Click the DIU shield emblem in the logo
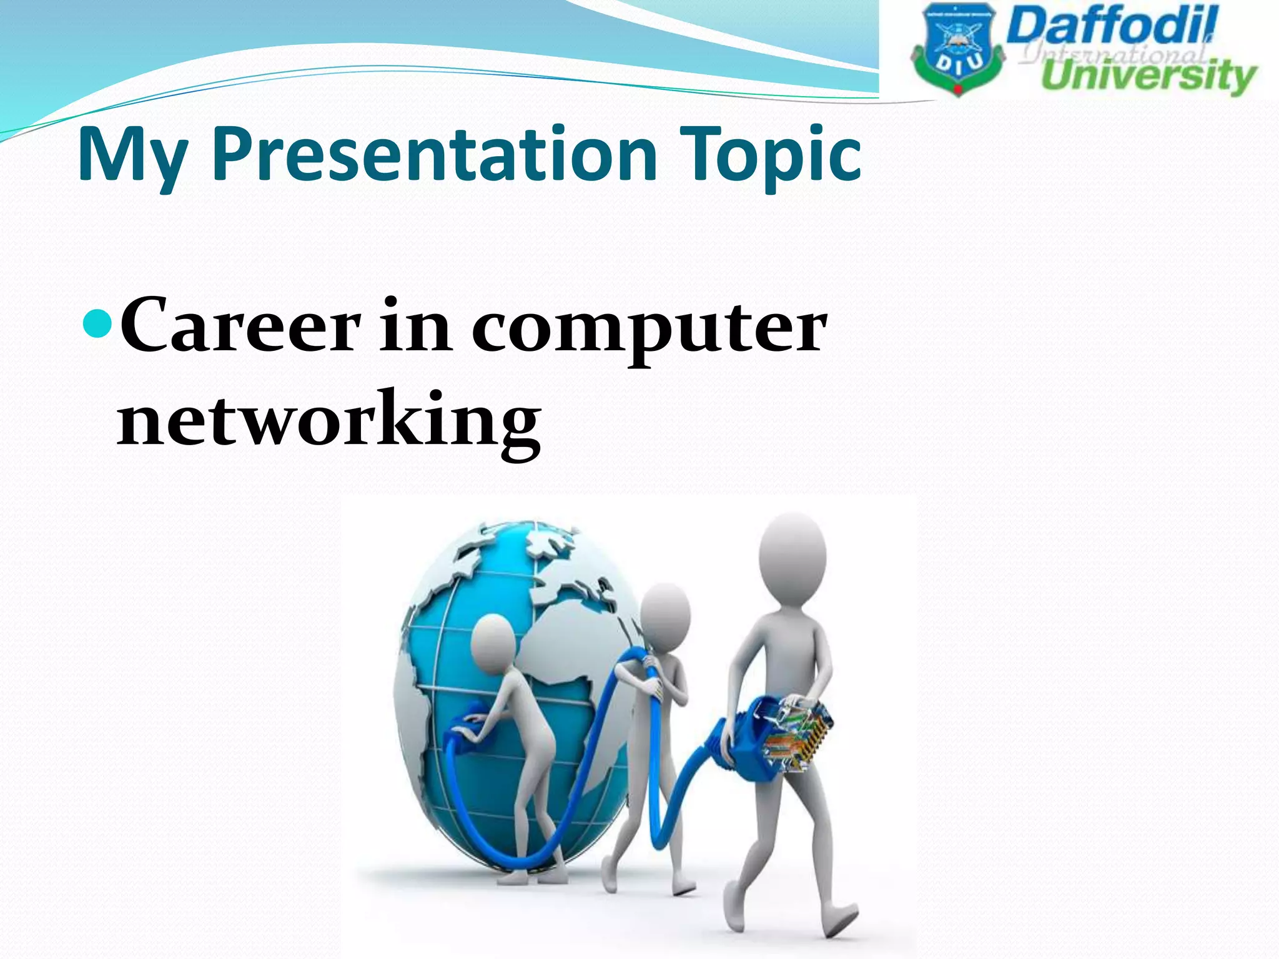tap(956, 53)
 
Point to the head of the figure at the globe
tap(493, 643)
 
